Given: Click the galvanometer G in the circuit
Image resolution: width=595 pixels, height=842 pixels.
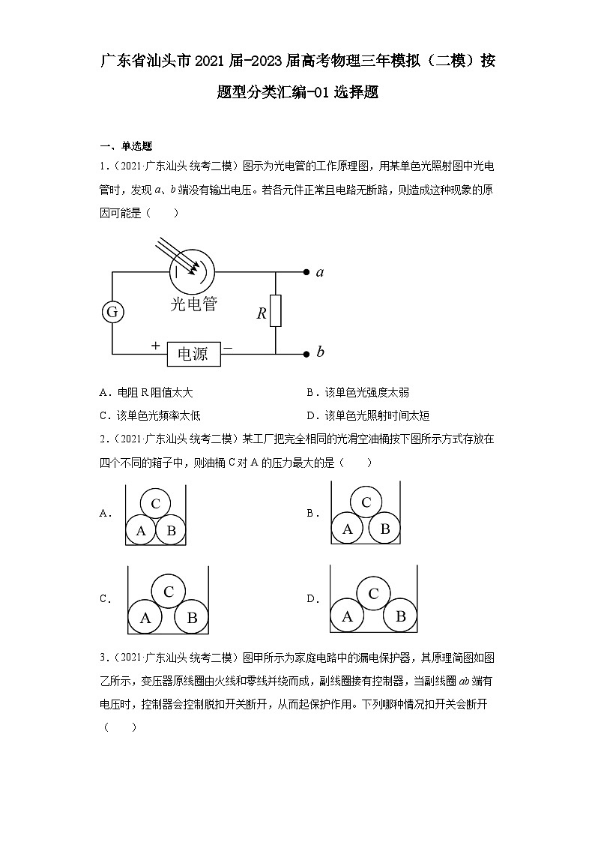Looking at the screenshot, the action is coord(112,313).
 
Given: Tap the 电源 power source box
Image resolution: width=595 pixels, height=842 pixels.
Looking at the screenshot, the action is coord(193,353).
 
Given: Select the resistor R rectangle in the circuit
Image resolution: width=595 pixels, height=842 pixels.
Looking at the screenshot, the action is coord(276,312).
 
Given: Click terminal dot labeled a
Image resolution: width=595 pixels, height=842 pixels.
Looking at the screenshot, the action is coord(306,272).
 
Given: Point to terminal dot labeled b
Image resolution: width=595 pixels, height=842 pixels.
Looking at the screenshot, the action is coord(306,353).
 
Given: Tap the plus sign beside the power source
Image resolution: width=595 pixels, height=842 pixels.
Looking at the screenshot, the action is coord(156,346).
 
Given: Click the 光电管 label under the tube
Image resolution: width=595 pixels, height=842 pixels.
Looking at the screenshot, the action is coord(193,304).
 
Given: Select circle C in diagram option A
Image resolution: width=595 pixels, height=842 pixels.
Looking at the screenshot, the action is coord(155,503).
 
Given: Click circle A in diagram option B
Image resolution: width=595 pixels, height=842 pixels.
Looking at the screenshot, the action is coord(347,529).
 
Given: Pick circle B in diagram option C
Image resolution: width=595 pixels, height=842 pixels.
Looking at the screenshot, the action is coord(191,618).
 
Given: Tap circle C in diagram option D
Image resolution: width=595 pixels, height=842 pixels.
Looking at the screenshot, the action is coord(373,595).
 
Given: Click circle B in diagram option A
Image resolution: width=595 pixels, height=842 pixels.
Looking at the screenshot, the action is coord(170,531).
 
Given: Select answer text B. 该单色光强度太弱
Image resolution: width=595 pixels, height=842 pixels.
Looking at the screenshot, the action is coord(357,392).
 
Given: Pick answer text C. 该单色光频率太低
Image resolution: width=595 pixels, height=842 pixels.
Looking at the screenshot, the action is coord(149,415).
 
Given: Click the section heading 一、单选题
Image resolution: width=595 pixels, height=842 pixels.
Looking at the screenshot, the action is coord(126,145).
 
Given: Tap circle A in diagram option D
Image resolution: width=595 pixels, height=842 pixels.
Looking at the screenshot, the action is coord(347,616).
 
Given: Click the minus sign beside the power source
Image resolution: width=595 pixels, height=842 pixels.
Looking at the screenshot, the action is coord(228,347).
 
